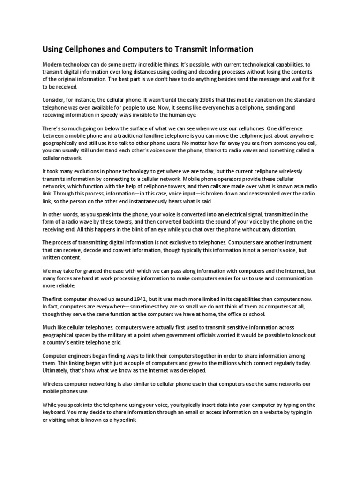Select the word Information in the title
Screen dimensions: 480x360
click(234, 49)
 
